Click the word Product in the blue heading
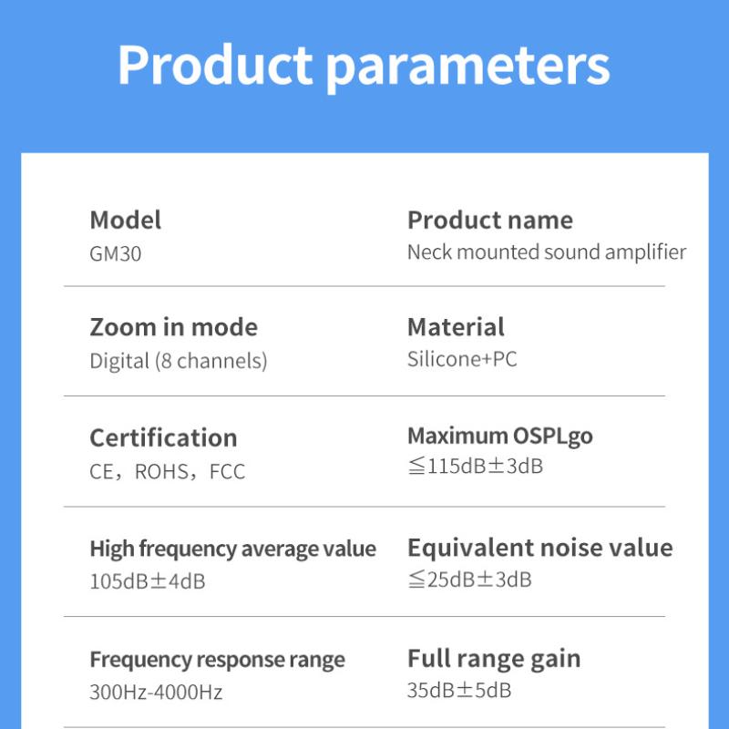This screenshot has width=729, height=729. pos(215,64)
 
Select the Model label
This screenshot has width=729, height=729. pos(126,220)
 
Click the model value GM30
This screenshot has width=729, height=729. pos(116,254)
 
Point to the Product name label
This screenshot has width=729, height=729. pos(490,220)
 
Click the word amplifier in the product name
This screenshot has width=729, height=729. pos(645,252)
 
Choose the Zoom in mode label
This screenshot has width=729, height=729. pos(173,327)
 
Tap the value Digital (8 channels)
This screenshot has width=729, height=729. pos(179,361)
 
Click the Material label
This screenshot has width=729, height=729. pos(456,327)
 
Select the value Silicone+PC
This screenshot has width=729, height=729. pos(462,359)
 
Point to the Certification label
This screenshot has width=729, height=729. pos(163,438)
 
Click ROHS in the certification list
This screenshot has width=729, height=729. pos(162,471)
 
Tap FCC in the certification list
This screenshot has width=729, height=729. pos(227,471)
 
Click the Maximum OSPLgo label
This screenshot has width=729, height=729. pos(499,437)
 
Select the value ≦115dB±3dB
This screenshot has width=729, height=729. pos(475,466)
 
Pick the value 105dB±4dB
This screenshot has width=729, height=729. pos(148,581)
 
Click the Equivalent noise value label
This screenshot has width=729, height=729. pos(539,548)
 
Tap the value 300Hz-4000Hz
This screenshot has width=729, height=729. pos(156,692)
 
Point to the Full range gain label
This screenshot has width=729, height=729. pos(494,659)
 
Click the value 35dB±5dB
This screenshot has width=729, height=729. pos(459,690)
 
